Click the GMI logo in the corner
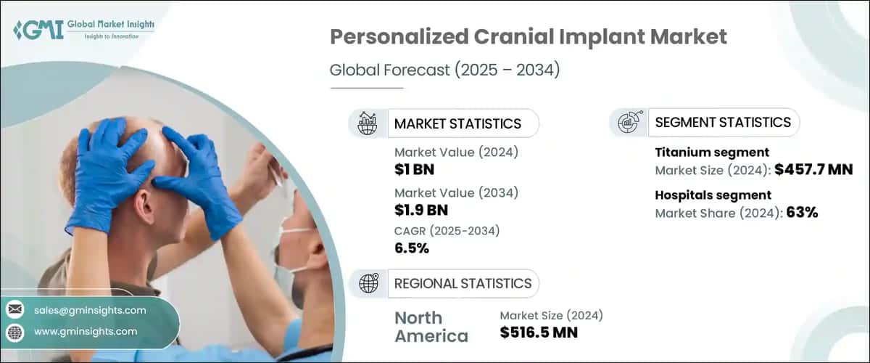(29, 30)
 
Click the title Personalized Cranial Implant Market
(529, 38)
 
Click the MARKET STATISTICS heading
(457, 123)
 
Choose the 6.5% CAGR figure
(412, 249)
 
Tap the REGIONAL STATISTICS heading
(463, 283)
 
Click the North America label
(431, 327)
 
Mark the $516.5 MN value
(539, 333)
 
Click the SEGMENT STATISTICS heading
(723, 122)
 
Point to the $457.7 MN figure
(813, 171)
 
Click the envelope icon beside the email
(15, 310)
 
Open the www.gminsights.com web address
(86, 331)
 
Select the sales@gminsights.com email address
(90, 310)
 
